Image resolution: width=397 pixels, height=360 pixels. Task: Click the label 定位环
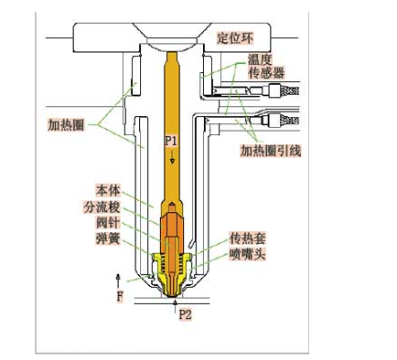tap(236, 37)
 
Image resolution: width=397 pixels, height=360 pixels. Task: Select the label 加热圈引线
tap(271, 149)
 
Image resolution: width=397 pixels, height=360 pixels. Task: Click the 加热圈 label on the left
tap(67, 122)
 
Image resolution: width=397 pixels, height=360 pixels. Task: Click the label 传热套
tap(248, 236)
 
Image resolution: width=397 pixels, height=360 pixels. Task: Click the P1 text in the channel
tap(172, 140)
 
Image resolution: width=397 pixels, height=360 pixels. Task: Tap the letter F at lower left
tap(119, 296)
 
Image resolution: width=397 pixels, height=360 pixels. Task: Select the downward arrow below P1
tap(172, 158)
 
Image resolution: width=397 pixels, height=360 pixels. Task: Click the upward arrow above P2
tap(175, 302)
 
